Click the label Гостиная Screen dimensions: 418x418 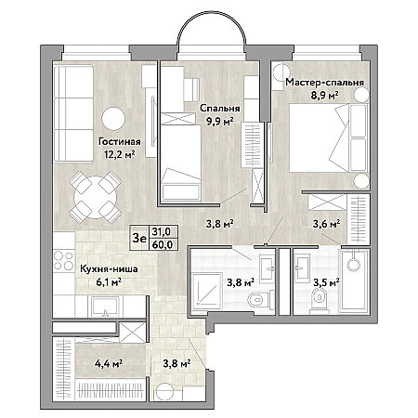[119, 141]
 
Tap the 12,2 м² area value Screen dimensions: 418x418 [120, 154]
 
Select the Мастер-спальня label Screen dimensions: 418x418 [324, 83]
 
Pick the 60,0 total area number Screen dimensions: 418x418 [163, 244]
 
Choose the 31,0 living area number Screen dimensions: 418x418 [161, 231]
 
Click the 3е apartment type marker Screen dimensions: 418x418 [139, 238]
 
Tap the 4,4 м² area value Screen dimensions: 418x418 [109, 362]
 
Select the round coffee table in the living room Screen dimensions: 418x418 [113, 119]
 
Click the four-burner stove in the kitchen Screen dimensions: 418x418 [63, 260]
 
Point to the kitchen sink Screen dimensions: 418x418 [105, 307]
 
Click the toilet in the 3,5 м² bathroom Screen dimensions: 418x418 [319, 298]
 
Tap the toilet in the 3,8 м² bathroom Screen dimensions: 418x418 [258, 300]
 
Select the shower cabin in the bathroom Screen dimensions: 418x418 [207, 291]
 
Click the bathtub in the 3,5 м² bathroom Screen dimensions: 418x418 [354, 281]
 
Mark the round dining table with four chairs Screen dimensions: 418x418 [95, 197]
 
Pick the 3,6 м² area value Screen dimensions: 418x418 [326, 224]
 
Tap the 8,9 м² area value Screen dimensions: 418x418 [324, 95]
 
